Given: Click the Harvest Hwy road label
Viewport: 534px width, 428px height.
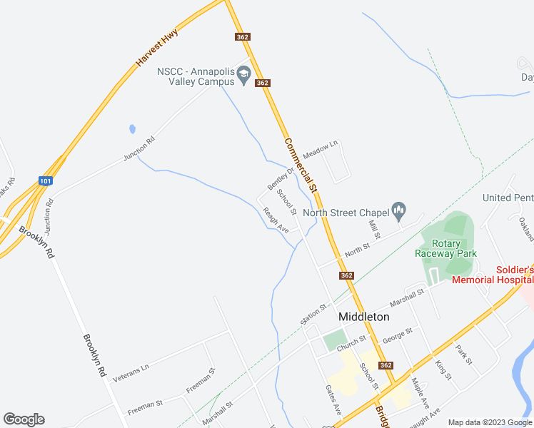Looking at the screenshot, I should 156,50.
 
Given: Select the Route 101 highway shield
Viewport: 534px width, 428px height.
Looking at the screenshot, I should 45,181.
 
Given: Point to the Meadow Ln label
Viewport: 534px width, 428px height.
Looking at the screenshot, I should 319,151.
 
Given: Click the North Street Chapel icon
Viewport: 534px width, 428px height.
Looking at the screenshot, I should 398,210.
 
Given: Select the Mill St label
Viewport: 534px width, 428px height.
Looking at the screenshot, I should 373,228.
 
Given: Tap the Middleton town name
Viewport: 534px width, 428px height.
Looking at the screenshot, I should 364,316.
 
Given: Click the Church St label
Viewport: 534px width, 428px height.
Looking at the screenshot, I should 351,342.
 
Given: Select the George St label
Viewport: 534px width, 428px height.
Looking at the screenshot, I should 398,333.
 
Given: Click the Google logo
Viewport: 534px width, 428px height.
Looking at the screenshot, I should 24,419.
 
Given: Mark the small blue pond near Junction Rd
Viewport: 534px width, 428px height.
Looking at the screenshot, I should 132,129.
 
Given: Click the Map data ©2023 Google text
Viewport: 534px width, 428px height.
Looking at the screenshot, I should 489,422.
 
